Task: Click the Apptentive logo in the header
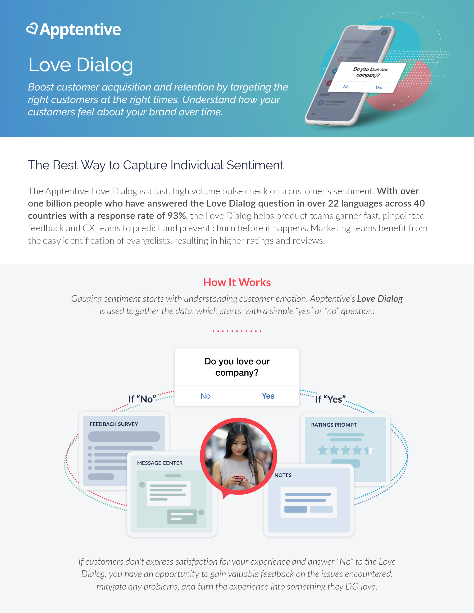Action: click(73, 30)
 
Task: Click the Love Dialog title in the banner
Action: click(81, 65)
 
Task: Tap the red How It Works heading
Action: click(237, 282)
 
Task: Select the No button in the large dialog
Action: click(205, 396)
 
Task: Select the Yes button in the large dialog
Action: click(268, 396)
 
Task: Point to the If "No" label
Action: click(142, 399)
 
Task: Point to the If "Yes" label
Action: click(330, 399)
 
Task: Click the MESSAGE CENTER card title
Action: click(160, 463)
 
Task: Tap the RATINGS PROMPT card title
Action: click(334, 425)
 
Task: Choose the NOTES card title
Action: click(283, 475)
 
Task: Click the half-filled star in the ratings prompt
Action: click(369, 450)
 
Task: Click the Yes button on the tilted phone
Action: click(378, 88)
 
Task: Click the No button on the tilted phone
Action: click(346, 87)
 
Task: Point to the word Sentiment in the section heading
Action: click(255, 165)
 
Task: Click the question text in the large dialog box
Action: click(237, 367)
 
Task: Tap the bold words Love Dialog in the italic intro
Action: click(380, 299)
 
